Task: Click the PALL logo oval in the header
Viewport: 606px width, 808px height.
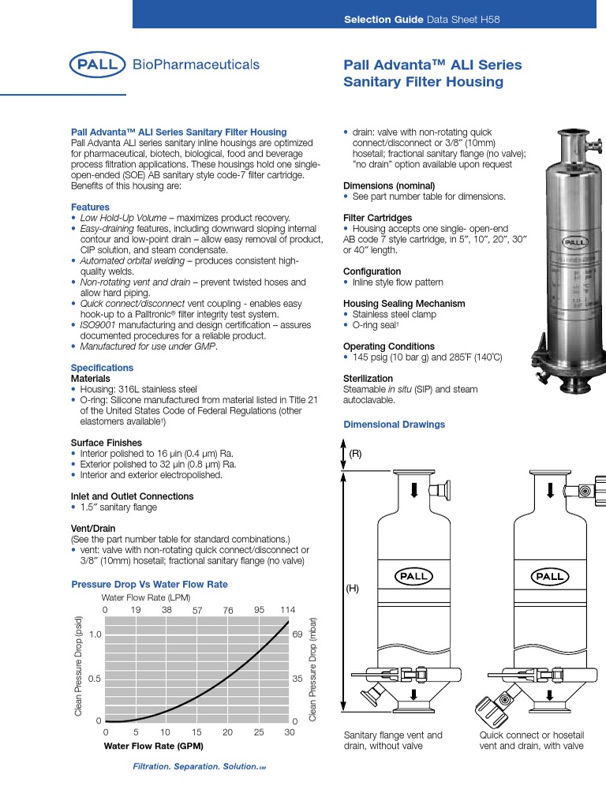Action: pyautogui.click(x=98, y=65)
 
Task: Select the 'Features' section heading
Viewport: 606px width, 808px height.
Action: pyautogui.click(x=90, y=207)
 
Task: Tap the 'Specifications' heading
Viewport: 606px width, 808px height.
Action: pyautogui.click(x=102, y=368)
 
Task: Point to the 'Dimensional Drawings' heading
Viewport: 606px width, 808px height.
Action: pyautogui.click(x=394, y=425)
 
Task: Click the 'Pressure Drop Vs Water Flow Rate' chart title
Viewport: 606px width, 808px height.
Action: pyautogui.click(x=149, y=585)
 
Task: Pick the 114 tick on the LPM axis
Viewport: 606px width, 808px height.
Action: pyautogui.click(x=287, y=610)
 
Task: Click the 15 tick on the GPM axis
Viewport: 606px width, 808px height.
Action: pyautogui.click(x=196, y=733)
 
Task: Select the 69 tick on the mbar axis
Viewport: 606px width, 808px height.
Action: pyautogui.click(x=297, y=634)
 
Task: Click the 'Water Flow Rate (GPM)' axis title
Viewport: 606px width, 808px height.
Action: pyautogui.click(x=154, y=746)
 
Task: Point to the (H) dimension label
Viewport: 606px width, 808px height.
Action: pyautogui.click(x=353, y=589)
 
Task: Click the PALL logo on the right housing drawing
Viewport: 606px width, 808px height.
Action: pyautogui.click(x=549, y=576)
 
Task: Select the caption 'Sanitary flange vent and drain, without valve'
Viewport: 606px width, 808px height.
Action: pyautogui.click(x=393, y=740)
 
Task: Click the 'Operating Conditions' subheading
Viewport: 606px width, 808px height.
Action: pyautogui.click(x=388, y=346)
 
